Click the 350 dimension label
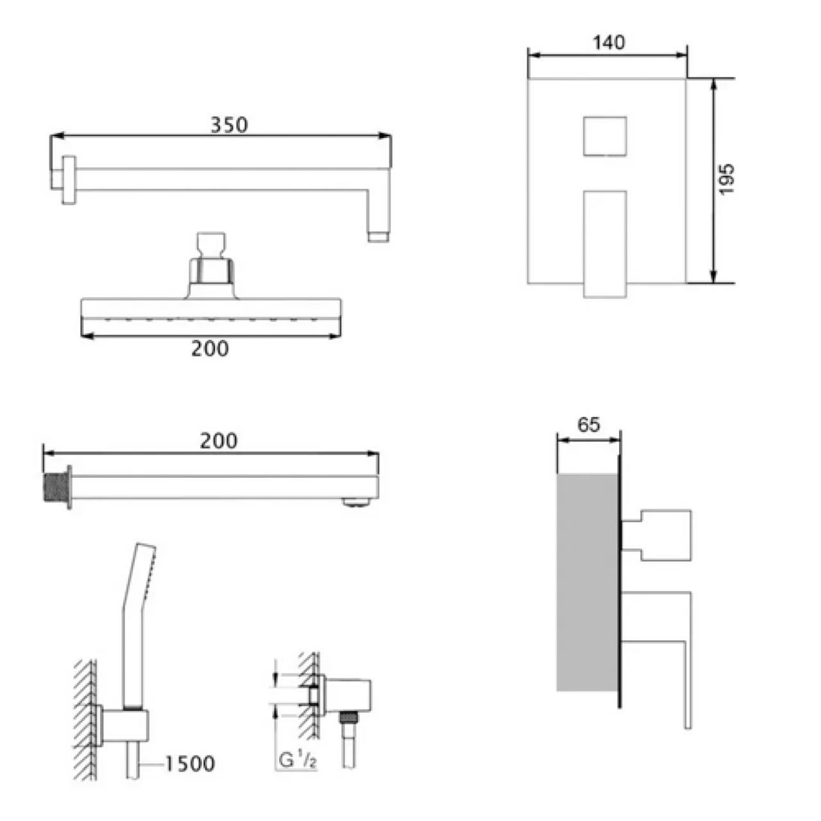(x=229, y=125)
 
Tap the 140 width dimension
(x=609, y=42)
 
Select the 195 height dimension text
(x=727, y=179)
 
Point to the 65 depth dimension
(x=588, y=425)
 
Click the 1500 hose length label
(x=190, y=764)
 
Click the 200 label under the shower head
(x=210, y=349)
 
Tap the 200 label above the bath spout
(x=219, y=441)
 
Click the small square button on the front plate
(x=605, y=137)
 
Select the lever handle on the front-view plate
(x=605, y=244)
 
